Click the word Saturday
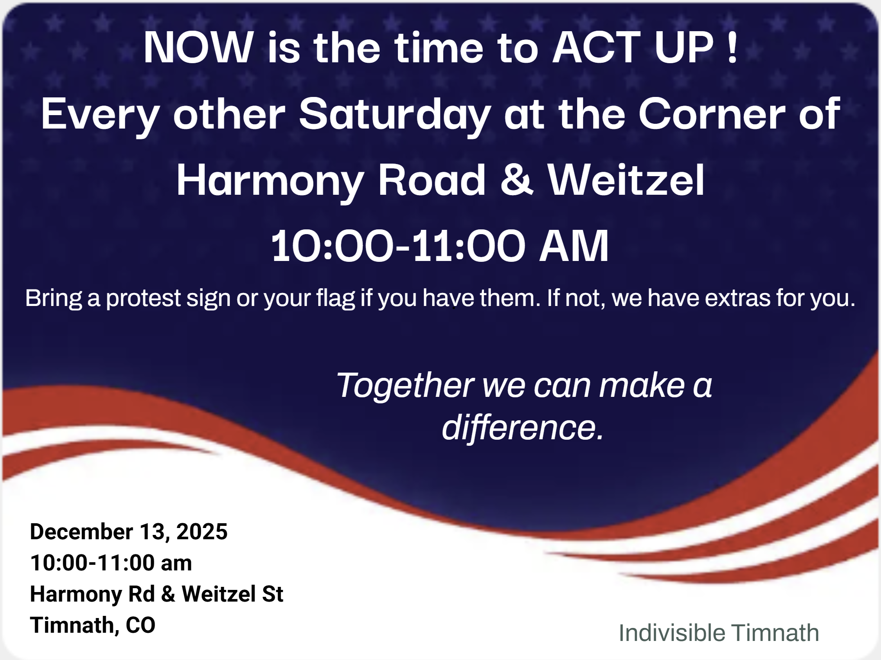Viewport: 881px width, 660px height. (x=395, y=115)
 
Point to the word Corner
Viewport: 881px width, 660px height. (x=712, y=114)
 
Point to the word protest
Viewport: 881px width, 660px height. (x=143, y=299)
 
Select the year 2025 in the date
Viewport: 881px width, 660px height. (x=202, y=531)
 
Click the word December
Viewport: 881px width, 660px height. (x=81, y=531)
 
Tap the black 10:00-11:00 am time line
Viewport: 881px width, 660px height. (x=111, y=563)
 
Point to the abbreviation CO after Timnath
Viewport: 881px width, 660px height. (x=140, y=625)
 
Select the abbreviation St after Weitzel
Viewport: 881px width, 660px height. (x=272, y=594)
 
